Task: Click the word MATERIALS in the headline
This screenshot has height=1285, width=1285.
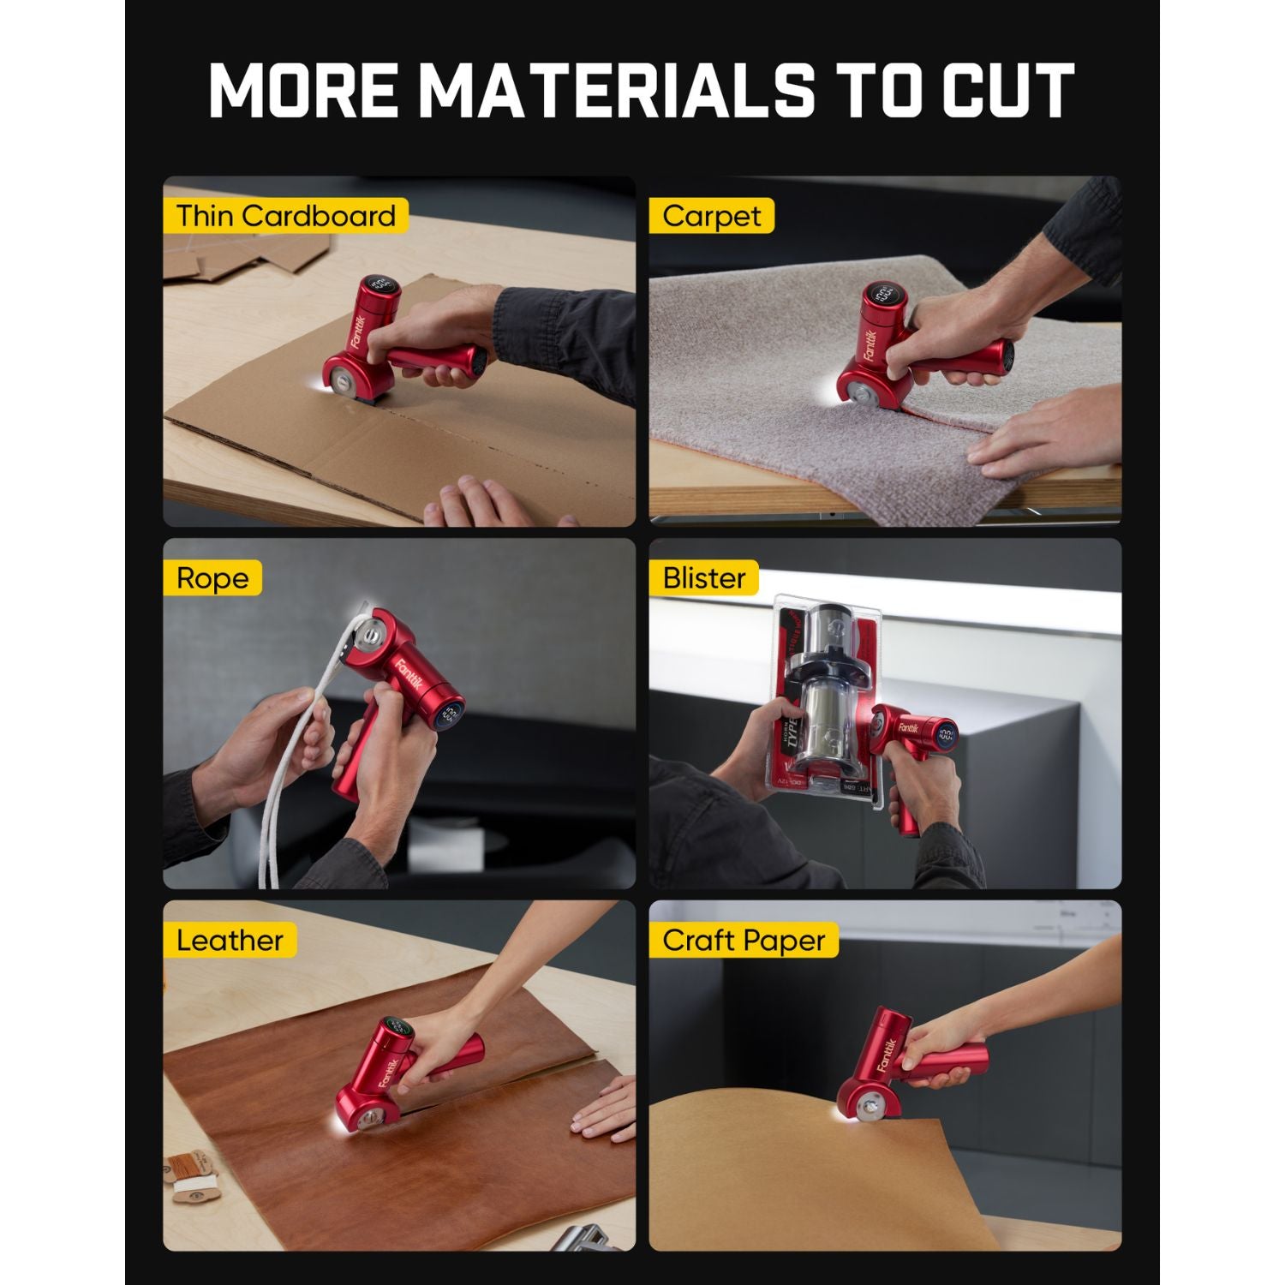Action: pyautogui.click(x=624, y=89)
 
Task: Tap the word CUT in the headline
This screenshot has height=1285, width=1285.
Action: pyautogui.click(x=1009, y=89)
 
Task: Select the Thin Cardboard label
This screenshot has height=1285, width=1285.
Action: pyautogui.click(x=285, y=216)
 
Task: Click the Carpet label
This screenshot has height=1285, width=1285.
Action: pyautogui.click(x=711, y=216)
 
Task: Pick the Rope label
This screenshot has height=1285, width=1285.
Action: pyautogui.click(x=212, y=578)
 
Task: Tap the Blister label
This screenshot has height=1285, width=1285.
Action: pyautogui.click(x=703, y=578)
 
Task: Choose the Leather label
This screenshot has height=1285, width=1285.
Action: pyautogui.click(x=229, y=941)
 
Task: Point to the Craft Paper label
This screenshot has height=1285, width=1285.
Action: pyautogui.click(x=743, y=941)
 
